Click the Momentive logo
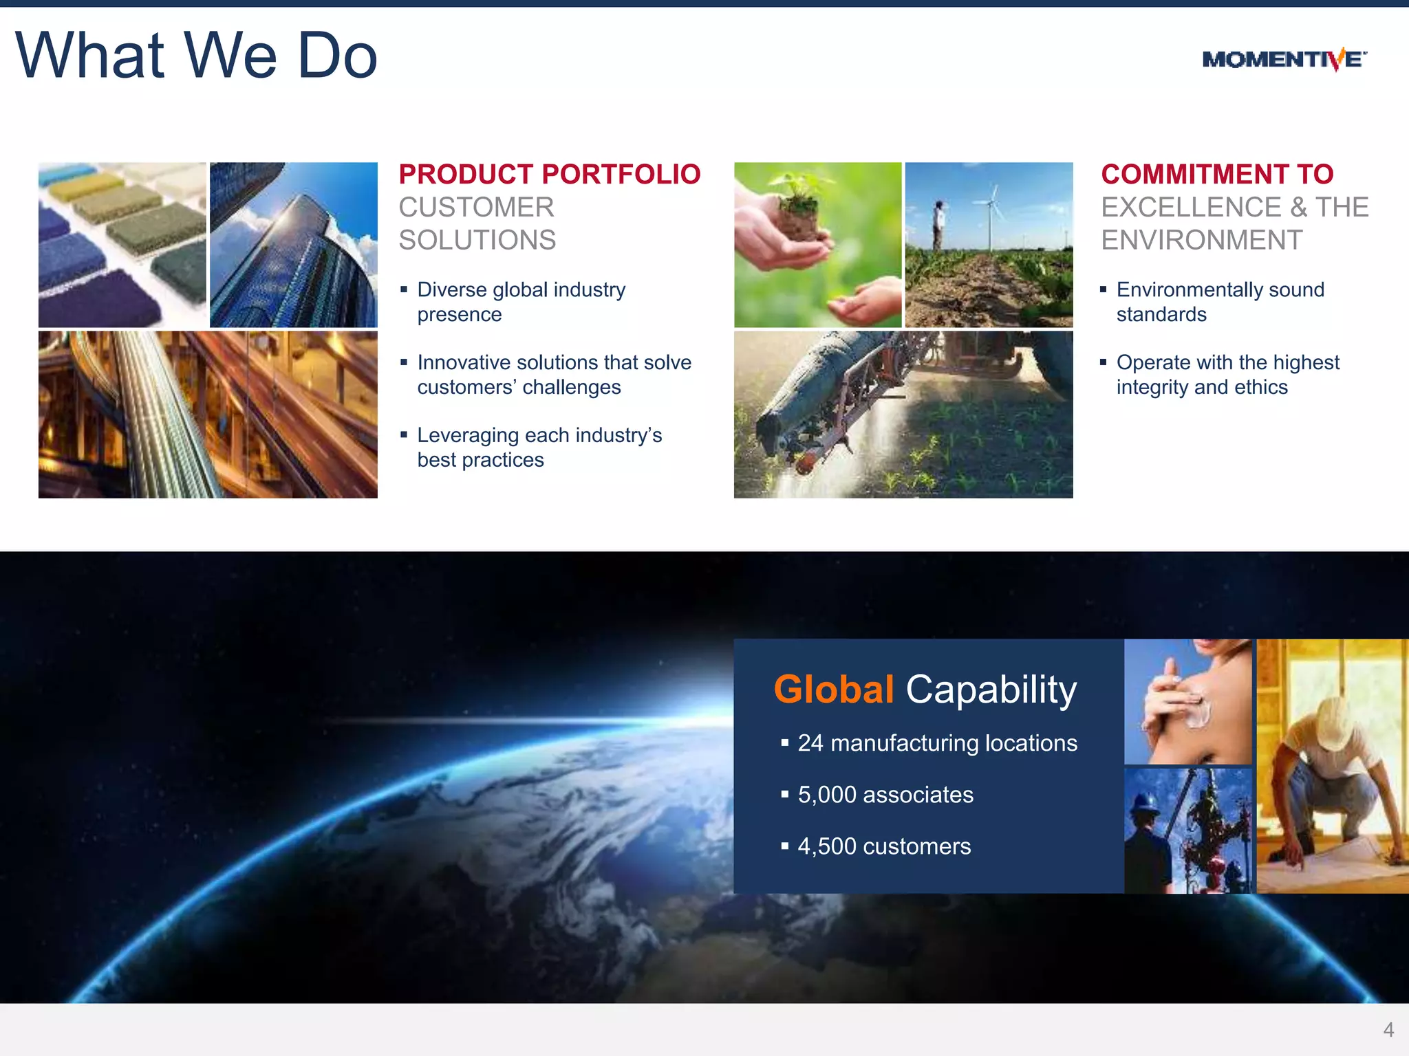1284,60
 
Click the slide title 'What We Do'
196,56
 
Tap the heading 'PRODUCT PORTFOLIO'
549,175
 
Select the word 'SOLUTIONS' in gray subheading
477,240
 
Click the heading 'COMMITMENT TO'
1216,175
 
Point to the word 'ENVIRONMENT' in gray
1201,240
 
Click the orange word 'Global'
833,690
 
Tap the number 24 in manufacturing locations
810,743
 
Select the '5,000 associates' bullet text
885,795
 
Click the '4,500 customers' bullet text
883,846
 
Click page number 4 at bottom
1388,1030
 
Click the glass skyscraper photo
294,245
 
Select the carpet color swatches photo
122,245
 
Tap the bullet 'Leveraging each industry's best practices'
539,448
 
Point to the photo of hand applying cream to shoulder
1187,701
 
